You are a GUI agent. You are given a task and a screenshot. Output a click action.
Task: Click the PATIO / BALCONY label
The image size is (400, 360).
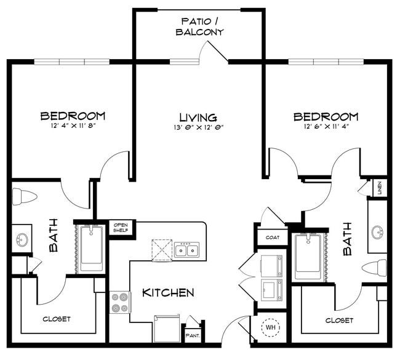click(199, 26)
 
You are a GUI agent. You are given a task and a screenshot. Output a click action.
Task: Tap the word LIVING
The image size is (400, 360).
click(198, 117)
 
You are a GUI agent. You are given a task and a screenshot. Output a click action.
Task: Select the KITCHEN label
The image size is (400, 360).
click(168, 292)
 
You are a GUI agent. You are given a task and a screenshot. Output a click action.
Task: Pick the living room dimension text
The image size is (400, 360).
click(198, 128)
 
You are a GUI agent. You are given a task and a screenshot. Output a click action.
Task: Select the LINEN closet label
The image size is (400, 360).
click(380, 187)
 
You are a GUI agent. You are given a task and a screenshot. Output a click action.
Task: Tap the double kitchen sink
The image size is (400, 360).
click(186, 250)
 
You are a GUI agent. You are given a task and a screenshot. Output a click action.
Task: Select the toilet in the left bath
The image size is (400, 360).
click(25, 197)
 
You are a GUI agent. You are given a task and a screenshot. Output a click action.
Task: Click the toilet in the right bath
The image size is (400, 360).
click(374, 268)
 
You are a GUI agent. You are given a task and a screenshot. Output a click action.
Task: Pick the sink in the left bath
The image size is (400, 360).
click(22, 239)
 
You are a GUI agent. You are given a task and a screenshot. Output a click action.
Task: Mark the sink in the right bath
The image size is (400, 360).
click(378, 232)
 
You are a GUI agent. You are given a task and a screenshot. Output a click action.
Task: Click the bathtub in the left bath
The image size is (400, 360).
click(91, 249)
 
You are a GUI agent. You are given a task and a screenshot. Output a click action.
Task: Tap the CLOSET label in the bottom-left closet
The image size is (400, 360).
click(56, 319)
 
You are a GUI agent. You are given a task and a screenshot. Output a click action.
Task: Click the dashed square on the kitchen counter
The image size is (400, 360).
click(163, 250)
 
